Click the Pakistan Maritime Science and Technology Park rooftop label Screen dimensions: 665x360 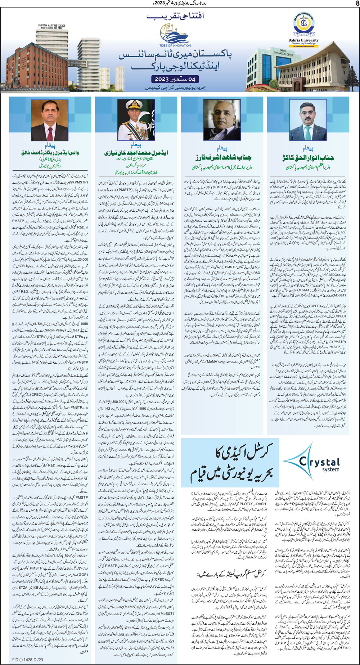click(x=52, y=27)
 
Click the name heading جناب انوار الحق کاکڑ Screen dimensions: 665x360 click(x=308, y=157)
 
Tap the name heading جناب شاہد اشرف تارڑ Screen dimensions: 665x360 click(x=223, y=157)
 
